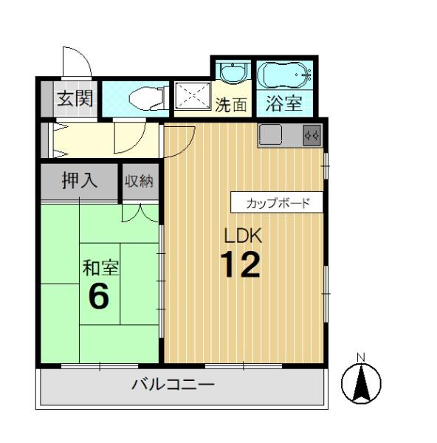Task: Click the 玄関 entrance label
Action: [75, 99]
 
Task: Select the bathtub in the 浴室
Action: [284, 75]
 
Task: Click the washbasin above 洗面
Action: [233, 73]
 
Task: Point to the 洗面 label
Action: [231, 105]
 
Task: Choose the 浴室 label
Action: [284, 103]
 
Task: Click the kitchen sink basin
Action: [271, 135]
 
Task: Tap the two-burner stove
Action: [312, 136]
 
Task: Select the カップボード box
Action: [277, 202]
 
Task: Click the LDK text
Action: [243, 236]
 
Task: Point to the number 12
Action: [240, 265]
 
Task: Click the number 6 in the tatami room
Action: [99, 295]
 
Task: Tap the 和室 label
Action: [100, 267]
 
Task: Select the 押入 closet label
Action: [80, 180]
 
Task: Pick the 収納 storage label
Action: [139, 181]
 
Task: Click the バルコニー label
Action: [173, 385]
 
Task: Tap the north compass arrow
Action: [361, 382]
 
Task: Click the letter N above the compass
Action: [361, 357]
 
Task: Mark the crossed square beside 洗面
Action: [193, 95]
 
